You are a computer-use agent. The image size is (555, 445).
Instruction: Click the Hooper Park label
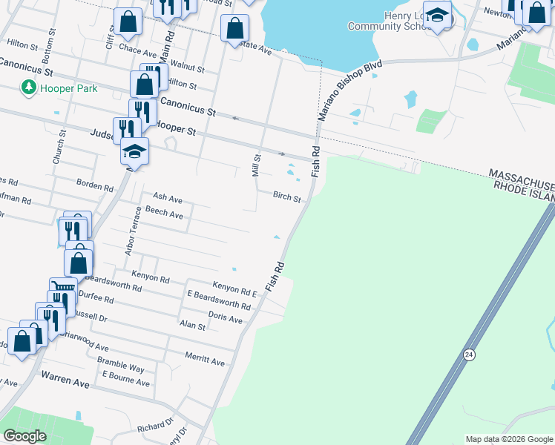coord(69,88)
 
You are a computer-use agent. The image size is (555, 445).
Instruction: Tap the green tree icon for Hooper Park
coord(29,88)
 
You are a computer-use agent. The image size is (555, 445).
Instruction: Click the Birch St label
coord(286,198)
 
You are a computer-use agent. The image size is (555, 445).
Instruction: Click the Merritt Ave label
coord(205,362)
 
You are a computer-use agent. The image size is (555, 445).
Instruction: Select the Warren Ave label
coord(65,383)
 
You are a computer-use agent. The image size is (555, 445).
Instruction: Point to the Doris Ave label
coord(226,318)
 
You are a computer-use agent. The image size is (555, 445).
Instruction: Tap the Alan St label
coord(192,325)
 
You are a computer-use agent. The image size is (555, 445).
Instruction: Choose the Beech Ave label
coord(164,214)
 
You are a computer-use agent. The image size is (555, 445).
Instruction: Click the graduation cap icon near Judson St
coord(134,152)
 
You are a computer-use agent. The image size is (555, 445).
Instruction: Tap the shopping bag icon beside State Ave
coord(234,30)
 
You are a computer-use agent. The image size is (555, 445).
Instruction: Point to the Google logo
coord(24,436)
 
